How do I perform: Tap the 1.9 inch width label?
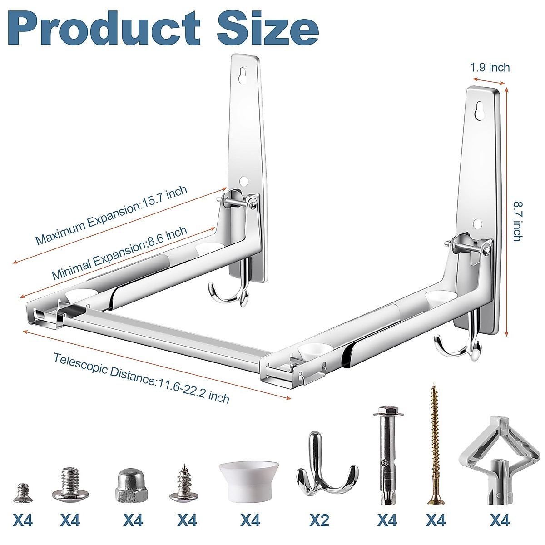coord(490,68)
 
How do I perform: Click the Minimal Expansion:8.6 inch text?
coord(119,253)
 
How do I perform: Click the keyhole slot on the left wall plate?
coord(245,74)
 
